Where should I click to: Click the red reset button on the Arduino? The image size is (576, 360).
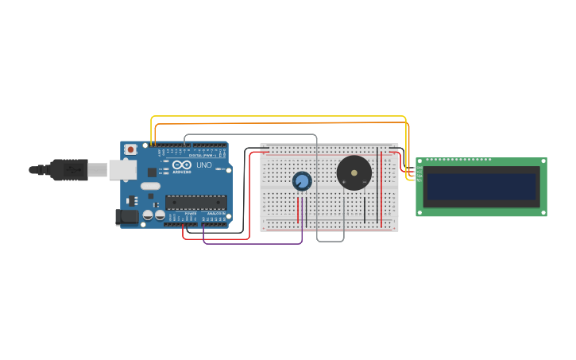point(130,149)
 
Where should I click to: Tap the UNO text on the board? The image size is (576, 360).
point(204,165)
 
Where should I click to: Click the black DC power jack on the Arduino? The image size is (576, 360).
point(127,216)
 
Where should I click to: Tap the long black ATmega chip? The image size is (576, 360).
point(195,203)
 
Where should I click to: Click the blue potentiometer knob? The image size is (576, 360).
point(302,181)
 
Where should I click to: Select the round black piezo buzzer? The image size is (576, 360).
point(354,172)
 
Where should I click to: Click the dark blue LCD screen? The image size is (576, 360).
point(481,187)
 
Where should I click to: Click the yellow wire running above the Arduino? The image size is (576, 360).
point(278,116)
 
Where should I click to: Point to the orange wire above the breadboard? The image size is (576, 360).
point(278,123)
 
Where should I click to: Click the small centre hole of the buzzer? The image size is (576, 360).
point(354,172)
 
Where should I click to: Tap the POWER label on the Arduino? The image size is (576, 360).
point(191,214)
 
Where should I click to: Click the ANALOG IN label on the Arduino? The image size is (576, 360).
point(215,214)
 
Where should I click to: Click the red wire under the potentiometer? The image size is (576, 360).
point(298,208)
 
